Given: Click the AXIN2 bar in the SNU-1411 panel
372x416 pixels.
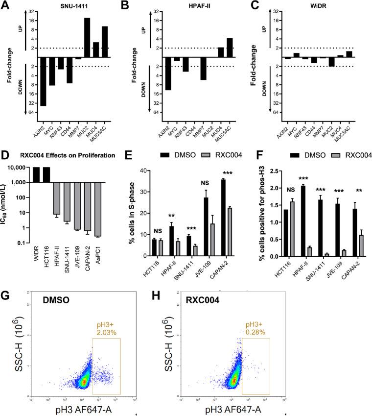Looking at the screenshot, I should click(43, 81).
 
